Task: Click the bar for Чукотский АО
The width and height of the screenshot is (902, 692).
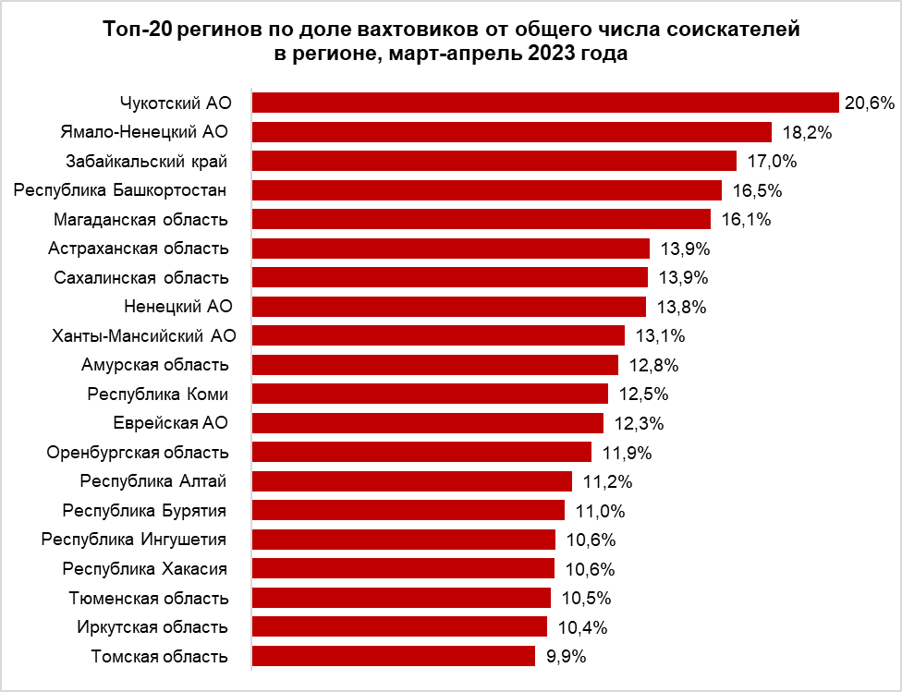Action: point(545,103)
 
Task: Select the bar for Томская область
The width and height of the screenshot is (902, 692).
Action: point(394,656)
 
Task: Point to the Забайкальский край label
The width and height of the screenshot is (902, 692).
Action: point(147,161)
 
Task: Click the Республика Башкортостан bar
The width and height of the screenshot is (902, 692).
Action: point(487,190)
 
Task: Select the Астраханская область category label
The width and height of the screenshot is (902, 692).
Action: point(139,249)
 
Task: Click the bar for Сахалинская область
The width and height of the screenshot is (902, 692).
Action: point(450,277)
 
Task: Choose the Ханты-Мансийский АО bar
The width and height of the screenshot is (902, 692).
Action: point(439,335)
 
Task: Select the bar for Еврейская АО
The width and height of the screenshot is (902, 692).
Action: point(428,423)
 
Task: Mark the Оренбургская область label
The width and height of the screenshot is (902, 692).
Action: point(138,453)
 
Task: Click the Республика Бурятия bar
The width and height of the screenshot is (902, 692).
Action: point(408,510)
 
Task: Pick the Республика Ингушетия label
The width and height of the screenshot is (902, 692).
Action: point(135,540)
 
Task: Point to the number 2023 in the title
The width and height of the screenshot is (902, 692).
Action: point(552,54)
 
